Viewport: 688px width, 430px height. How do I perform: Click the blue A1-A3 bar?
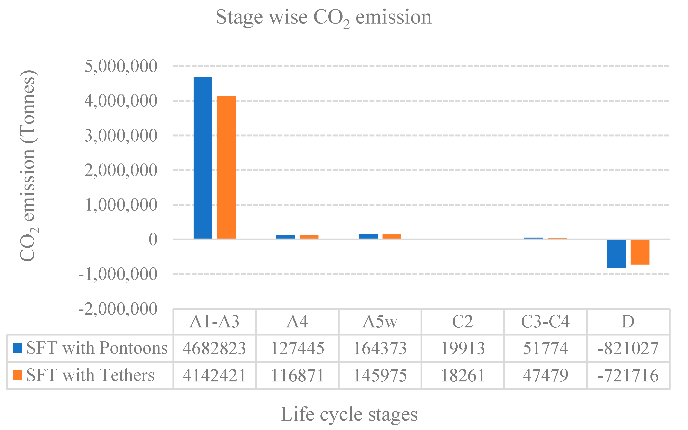point(203,158)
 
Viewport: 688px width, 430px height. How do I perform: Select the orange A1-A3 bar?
point(226,167)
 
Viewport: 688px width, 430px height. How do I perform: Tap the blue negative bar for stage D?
point(616,254)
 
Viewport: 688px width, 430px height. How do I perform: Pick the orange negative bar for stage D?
point(640,252)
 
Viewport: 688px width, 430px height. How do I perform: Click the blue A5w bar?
point(368,236)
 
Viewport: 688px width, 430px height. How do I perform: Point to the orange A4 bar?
point(309,237)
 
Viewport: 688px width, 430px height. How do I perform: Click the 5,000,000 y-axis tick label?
point(121,66)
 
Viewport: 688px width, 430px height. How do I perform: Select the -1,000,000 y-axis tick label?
point(118,274)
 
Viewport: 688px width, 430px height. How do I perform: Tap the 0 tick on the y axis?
point(153,240)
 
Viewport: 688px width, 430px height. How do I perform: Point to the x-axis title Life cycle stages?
point(349,414)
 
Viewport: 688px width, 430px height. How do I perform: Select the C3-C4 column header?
point(545,322)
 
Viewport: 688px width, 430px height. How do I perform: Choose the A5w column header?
point(380,322)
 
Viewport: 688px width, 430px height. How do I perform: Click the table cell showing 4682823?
point(214,348)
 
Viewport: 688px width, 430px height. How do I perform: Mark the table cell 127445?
point(297,348)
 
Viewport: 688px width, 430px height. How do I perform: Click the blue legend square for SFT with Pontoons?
point(18,348)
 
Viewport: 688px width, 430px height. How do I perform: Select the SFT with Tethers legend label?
point(90,375)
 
